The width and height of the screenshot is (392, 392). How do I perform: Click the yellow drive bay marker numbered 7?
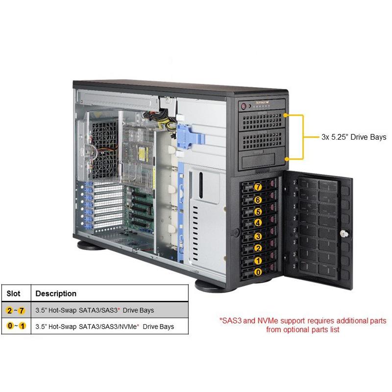(258, 187)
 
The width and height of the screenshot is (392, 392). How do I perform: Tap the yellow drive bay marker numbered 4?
(258, 223)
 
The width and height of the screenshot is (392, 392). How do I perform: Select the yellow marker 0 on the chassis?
(258, 272)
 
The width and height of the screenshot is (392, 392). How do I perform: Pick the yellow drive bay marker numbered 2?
(258, 248)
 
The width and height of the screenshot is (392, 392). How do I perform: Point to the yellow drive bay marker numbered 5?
(258, 212)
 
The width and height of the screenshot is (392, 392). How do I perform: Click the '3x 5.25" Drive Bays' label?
(354, 137)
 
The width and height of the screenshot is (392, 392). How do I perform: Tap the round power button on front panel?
(244, 107)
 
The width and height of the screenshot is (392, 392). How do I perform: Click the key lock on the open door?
(344, 234)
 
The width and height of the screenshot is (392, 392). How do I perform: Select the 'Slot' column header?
(14, 294)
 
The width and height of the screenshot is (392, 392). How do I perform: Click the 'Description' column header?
(56, 294)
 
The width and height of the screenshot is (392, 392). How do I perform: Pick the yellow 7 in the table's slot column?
(22, 311)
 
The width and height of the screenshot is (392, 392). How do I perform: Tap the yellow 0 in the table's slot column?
(10, 326)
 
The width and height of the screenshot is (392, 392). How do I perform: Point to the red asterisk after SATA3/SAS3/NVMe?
(138, 325)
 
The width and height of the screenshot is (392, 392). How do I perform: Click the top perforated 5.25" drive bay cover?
(262, 121)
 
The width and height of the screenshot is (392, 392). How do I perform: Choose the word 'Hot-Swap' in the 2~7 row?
(63, 311)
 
